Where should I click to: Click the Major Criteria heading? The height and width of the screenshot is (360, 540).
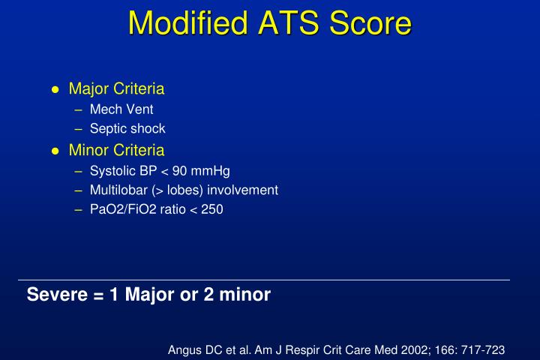click(116, 88)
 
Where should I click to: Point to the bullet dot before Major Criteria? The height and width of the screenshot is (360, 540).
click(55, 90)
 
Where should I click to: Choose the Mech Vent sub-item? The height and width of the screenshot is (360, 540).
click(121, 109)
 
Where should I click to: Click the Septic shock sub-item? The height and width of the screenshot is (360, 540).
click(127, 129)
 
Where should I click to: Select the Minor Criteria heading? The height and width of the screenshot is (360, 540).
click(116, 150)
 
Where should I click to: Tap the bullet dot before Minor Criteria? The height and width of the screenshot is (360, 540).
click(55, 151)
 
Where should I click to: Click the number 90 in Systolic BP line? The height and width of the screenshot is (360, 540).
click(179, 170)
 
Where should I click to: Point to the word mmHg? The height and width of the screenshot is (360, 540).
click(205, 170)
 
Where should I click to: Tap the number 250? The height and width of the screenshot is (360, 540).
click(212, 210)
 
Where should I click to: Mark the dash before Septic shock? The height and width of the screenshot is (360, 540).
click(80, 129)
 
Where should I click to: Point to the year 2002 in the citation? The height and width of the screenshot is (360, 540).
click(413, 349)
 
